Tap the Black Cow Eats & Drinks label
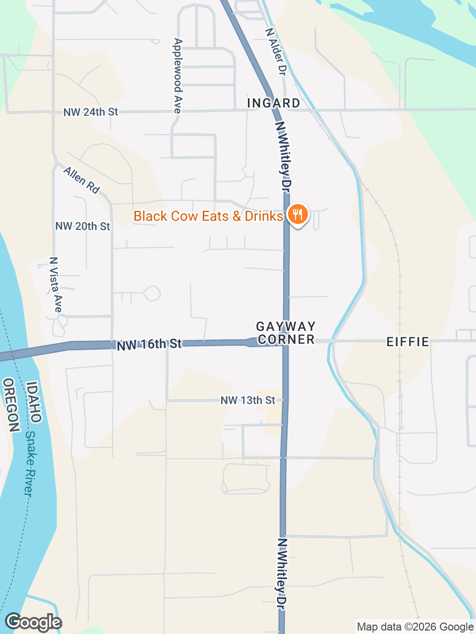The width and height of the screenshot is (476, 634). pyautogui.click(x=208, y=216)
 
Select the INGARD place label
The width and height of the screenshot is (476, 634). pyautogui.click(x=274, y=103)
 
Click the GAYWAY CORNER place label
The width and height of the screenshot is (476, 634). pyautogui.click(x=286, y=333)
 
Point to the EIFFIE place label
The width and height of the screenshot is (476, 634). pyautogui.click(x=408, y=342)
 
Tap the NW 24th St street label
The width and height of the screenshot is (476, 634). pyautogui.click(x=91, y=112)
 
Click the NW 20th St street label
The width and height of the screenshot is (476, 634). pyautogui.click(x=83, y=226)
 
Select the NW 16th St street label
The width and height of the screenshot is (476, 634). pyautogui.click(x=149, y=344)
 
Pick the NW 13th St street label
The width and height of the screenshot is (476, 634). pyautogui.click(x=248, y=400)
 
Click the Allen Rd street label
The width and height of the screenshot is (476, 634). pyautogui.click(x=82, y=180)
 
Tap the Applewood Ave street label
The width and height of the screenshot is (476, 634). pyautogui.click(x=178, y=76)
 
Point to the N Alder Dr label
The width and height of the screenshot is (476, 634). pyautogui.click(x=276, y=52)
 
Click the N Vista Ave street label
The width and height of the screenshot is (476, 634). pyautogui.click(x=56, y=285)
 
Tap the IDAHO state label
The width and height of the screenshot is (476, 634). pyautogui.click(x=33, y=401)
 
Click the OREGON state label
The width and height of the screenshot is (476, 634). pyautogui.click(x=11, y=405)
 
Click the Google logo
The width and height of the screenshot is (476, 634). pyautogui.click(x=33, y=622)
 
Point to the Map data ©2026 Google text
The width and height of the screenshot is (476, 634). pyautogui.click(x=415, y=627)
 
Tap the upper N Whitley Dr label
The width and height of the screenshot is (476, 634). pyautogui.click(x=283, y=157)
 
